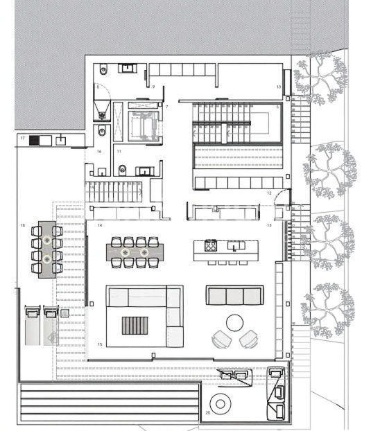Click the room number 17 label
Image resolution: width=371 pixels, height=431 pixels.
23,139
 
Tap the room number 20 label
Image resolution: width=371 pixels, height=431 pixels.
207,413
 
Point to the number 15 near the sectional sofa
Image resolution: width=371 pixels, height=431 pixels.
100,344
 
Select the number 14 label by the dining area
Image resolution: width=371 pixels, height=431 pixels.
100,226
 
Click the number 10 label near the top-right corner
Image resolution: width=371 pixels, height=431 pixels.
278,87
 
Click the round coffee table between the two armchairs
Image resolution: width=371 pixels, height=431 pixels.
234,323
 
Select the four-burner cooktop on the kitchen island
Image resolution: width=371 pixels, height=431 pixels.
210,245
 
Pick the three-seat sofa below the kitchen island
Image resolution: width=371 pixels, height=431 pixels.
234,295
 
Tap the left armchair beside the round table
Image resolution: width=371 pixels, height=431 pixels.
220,339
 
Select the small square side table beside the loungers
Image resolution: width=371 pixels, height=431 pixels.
64,313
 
